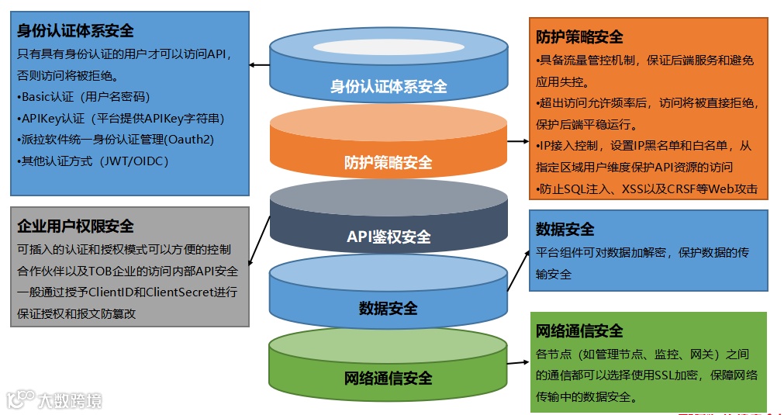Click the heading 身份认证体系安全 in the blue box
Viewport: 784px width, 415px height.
[x=75, y=31]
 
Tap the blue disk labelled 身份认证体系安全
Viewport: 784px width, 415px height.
[x=389, y=86]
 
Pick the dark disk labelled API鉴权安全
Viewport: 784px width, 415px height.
[x=389, y=236]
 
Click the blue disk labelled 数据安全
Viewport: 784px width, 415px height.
[x=389, y=307]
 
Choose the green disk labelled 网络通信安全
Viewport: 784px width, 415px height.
[x=389, y=378]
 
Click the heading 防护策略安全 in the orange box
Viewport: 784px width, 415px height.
[x=579, y=37]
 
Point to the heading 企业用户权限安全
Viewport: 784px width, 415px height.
[x=75, y=226]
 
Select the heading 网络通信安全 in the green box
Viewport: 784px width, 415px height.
[x=579, y=331]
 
